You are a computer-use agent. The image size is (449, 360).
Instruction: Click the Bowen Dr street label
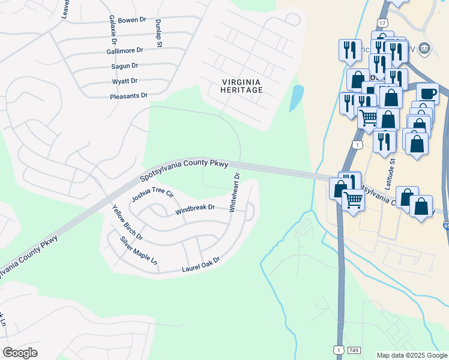(x=132, y=20)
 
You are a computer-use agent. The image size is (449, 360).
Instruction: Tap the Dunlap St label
(x=159, y=29)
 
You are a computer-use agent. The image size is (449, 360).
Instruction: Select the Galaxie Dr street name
(x=112, y=30)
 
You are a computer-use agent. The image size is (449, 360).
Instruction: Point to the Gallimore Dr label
(x=125, y=51)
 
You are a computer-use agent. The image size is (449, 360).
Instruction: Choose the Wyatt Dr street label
(x=125, y=81)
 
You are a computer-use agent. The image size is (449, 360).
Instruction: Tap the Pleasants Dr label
(x=128, y=96)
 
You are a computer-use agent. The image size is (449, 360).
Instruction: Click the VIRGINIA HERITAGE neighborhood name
(x=242, y=86)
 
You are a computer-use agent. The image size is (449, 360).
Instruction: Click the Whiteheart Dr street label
(x=234, y=193)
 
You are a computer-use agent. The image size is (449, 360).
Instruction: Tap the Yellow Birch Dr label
(x=127, y=222)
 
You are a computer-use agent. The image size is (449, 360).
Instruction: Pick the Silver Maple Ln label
(x=138, y=251)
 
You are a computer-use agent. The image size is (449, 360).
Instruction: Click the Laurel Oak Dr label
(x=201, y=265)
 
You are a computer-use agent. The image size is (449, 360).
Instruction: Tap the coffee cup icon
(x=427, y=94)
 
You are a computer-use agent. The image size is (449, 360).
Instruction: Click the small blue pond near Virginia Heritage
(x=296, y=98)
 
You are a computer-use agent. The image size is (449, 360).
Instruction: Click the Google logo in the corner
(x=20, y=352)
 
